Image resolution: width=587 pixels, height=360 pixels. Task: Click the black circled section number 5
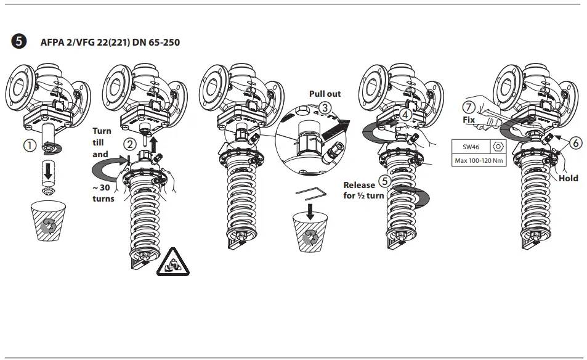[18, 42]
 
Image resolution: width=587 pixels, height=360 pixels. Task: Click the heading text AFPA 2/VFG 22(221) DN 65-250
[110, 43]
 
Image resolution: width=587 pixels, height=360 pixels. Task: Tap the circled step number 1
[28, 147]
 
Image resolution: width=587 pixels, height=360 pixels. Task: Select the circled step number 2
[129, 144]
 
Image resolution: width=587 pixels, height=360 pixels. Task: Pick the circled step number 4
[405, 114]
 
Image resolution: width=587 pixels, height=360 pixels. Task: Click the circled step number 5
[385, 181]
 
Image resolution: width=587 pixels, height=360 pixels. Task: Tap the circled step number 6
[575, 142]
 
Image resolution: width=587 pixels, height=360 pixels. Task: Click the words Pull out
[325, 94]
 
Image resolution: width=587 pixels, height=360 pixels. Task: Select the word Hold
[568, 178]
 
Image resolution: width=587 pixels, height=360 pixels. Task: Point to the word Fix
[469, 120]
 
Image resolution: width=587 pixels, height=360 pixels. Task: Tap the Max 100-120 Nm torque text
[479, 162]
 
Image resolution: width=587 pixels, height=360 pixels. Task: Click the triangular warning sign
[172, 263]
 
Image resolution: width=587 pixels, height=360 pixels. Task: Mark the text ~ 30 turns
[103, 193]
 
